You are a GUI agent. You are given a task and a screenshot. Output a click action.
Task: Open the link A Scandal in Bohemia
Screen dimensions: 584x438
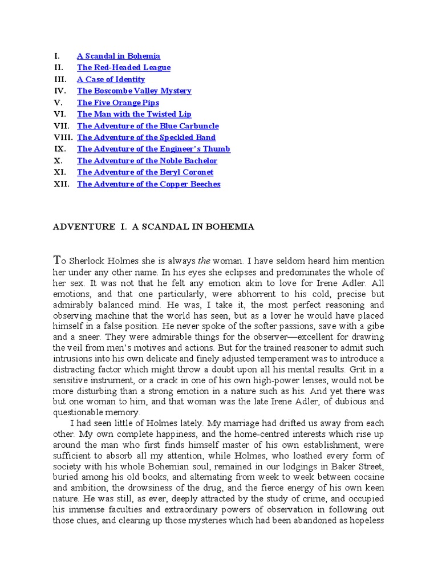pos(119,56)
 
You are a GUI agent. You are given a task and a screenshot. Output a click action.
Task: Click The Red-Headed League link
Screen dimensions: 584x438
pos(124,67)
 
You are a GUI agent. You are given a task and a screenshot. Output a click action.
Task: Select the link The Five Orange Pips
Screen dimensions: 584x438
pos(118,103)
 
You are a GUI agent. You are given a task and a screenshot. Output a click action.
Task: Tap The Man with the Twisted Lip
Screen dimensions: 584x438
pos(134,114)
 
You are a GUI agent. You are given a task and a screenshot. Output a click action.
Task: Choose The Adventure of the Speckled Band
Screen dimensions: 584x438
pos(146,137)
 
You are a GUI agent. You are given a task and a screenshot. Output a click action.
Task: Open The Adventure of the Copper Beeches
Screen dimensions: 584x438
pos(148,184)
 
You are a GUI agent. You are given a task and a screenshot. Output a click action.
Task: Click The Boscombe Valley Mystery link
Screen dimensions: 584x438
pos(134,91)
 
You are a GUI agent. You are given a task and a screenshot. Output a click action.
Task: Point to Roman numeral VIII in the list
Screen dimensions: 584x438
pos(63,137)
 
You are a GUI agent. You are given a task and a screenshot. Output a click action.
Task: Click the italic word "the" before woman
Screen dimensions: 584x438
pos(205,261)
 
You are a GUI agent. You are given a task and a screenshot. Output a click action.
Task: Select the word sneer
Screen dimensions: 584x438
pos(90,337)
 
